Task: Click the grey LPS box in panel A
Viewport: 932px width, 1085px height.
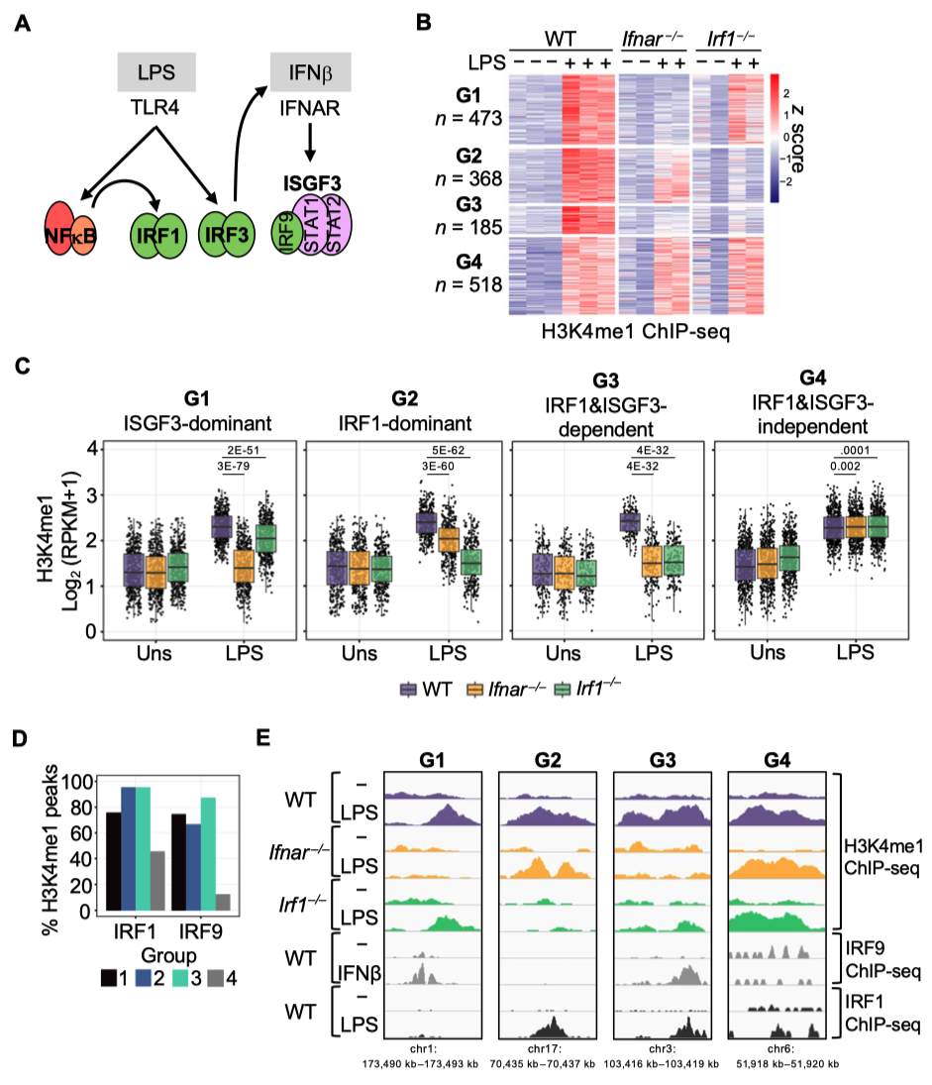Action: (x=155, y=74)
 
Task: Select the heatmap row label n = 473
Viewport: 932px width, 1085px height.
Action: (x=472, y=119)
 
